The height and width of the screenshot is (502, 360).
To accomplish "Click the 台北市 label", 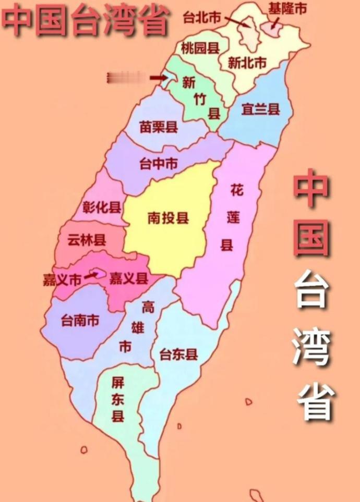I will [202, 17].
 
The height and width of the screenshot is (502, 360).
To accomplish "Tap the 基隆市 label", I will [287, 8].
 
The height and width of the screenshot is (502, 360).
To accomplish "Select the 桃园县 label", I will [200, 48].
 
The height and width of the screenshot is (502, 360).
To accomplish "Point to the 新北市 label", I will [247, 63].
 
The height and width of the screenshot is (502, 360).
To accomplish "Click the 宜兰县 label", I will [260, 109].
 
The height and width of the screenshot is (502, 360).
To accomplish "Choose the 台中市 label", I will [159, 164].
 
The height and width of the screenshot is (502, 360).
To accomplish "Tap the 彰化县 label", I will [102, 207].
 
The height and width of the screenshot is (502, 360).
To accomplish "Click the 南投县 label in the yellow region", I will [168, 218].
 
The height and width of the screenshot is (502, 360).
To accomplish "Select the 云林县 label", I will [87, 240].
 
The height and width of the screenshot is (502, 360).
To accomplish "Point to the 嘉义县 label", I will [129, 279].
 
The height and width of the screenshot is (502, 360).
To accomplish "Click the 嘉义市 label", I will [62, 280].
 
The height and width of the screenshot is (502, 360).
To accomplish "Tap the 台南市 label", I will [80, 321].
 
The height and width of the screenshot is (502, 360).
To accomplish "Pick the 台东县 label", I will [179, 355].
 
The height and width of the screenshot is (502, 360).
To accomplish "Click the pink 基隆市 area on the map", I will [271, 29].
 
